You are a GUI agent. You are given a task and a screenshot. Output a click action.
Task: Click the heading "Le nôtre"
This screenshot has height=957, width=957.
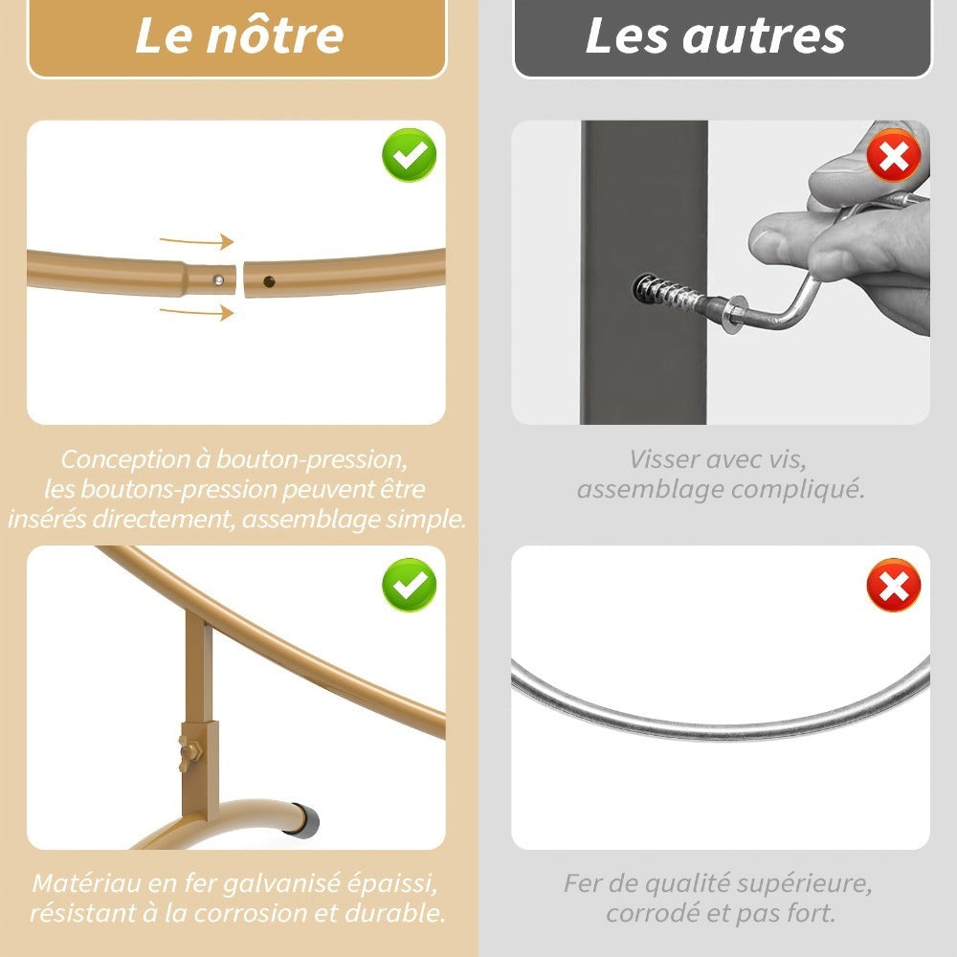tap(239, 35)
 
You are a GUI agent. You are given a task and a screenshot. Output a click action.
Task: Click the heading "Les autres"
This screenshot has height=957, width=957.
tap(715, 35)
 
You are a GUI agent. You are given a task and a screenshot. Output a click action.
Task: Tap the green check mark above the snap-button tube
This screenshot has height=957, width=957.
tap(409, 155)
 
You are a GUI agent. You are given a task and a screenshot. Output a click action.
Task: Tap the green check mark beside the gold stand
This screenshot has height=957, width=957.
tap(409, 585)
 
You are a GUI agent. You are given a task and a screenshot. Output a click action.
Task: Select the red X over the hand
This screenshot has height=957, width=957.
tap(894, 155)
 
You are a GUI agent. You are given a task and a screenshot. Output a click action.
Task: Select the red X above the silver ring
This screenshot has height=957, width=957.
tap(894, 585)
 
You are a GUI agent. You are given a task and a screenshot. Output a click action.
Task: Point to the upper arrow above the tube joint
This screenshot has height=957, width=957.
tap(196, 241)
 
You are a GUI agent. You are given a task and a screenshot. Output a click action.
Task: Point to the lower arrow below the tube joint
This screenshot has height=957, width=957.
tap(196, 312)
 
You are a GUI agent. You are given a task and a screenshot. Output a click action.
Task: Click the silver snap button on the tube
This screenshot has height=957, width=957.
tap(218, 280)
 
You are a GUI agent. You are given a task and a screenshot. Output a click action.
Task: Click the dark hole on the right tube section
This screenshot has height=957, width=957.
tap(269, 281)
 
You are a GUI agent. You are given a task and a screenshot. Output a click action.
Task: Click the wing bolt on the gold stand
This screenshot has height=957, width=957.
tap(190, 748)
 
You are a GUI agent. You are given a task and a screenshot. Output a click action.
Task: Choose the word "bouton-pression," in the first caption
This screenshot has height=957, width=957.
tap(312, 459)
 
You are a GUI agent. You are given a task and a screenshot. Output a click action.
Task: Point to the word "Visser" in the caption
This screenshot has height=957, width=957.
tap(663, 459)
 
